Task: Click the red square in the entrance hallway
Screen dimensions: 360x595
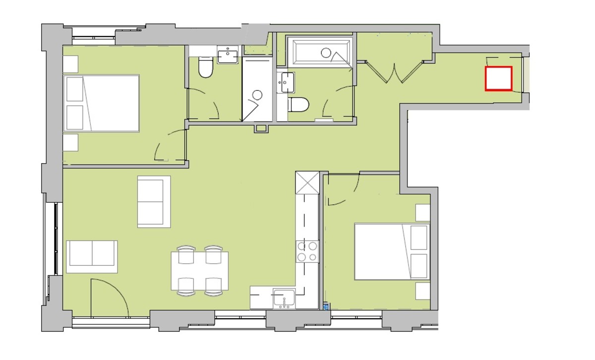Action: click(498, 79)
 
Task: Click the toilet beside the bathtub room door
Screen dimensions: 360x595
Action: click(299, 105)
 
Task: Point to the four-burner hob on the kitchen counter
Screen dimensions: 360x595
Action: click(307, 251)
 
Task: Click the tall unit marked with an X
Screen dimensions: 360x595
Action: click(307, 182)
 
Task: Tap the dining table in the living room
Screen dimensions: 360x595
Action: click(200, 271)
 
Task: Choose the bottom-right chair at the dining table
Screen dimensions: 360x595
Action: click(214, 286)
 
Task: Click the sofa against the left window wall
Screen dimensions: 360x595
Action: click(92, 256)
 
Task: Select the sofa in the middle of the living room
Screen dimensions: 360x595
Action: click(154, 201)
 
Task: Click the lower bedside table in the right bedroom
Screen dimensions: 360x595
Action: click(422, 291)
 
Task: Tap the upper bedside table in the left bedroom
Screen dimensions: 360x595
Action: click(70, 64)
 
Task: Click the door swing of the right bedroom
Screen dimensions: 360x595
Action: click(343, 191)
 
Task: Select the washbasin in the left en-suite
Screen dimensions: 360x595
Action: click(229, 55)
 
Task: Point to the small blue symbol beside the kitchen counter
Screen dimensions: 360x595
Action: click(326, 307)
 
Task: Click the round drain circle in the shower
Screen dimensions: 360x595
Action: click(257, 95)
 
